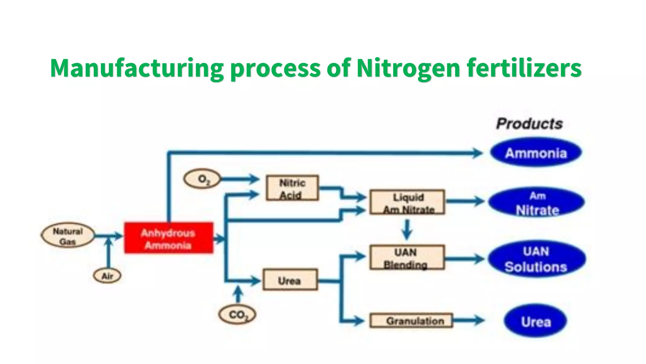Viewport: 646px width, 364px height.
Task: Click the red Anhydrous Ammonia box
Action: [x=168, y=238]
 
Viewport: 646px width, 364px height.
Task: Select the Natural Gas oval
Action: [x=68, y=236]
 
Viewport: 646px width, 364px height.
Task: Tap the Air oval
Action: [x=107, y=276]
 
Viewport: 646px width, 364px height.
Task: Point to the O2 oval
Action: [x=202, y=179]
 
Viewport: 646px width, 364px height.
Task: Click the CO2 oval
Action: [x=237, y=314]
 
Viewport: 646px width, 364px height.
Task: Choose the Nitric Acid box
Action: [x=292, y=188]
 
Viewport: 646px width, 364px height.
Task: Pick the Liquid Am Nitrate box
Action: [x=407, y=202]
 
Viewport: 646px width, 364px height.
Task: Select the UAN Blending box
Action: [x=407, y=258]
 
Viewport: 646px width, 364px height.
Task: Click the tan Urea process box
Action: [x=290, y=280]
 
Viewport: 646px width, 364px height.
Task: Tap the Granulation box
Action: [x=411, y=321]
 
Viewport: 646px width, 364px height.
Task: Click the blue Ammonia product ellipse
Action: [x=536, y=153]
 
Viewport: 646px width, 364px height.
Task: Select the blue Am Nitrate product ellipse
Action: [x=536, y=202]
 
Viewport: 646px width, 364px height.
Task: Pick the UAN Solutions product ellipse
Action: [x=536, y=259]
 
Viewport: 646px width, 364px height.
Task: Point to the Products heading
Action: [x=529, y=124]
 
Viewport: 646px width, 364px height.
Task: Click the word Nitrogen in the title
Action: [x=408, y=68]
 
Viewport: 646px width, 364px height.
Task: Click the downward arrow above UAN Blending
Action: [x=407, y=230]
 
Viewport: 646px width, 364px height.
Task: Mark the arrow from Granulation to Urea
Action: [x=468, y=320]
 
